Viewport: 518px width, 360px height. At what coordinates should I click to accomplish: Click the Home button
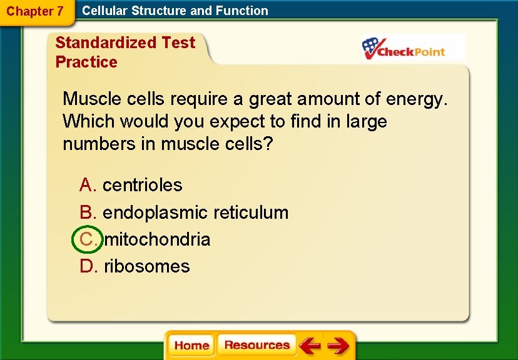(x=191, y=346)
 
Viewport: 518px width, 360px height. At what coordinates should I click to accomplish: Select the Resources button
(x=256, y=345)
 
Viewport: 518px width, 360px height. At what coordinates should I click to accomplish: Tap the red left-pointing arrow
(x=310, y=346)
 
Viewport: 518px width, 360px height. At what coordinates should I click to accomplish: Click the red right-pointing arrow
(x=338, y=346)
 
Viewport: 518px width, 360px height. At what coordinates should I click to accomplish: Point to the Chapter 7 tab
(x=35, y=11)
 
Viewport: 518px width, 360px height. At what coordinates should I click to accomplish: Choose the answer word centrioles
(x=143, y=185)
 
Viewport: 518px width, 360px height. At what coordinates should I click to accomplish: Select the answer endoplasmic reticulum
(x=196, y=212)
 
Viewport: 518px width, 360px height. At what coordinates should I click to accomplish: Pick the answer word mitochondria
(x=157, y=239)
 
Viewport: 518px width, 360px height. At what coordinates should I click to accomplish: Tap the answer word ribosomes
(x=147, y=266)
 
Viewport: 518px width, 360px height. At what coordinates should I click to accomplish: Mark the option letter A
(x=87, y=185)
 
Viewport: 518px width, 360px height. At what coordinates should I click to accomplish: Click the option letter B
(x=87, y=212)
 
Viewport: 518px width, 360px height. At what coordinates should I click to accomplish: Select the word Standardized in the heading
(x=106, y=42)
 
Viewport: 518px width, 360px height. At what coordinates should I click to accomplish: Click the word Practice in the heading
(x=86, y=62)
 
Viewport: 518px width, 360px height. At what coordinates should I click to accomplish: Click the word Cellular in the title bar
(x=104, y=11)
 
